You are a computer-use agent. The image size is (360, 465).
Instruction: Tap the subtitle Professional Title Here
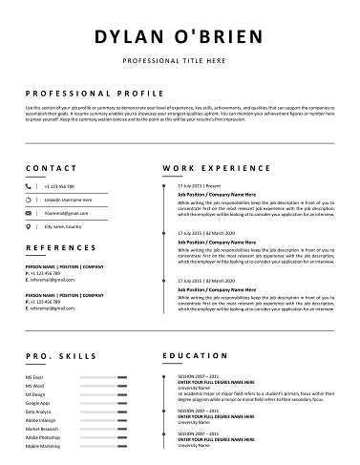point(180,60)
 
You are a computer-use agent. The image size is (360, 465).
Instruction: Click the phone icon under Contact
point(29,186)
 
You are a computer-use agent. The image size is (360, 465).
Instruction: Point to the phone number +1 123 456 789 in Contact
point(59,186)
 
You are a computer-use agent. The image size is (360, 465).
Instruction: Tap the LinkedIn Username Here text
point(69,200)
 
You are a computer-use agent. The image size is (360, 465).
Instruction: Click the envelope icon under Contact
point(29,214)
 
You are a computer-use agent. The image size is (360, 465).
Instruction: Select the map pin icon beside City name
point(29,227)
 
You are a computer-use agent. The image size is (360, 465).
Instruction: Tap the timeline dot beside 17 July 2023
point(167,185)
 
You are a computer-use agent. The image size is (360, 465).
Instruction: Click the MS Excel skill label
point(35,378)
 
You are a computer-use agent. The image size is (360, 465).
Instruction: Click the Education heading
point(195,355)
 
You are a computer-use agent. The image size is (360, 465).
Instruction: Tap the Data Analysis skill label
point(39,412)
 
